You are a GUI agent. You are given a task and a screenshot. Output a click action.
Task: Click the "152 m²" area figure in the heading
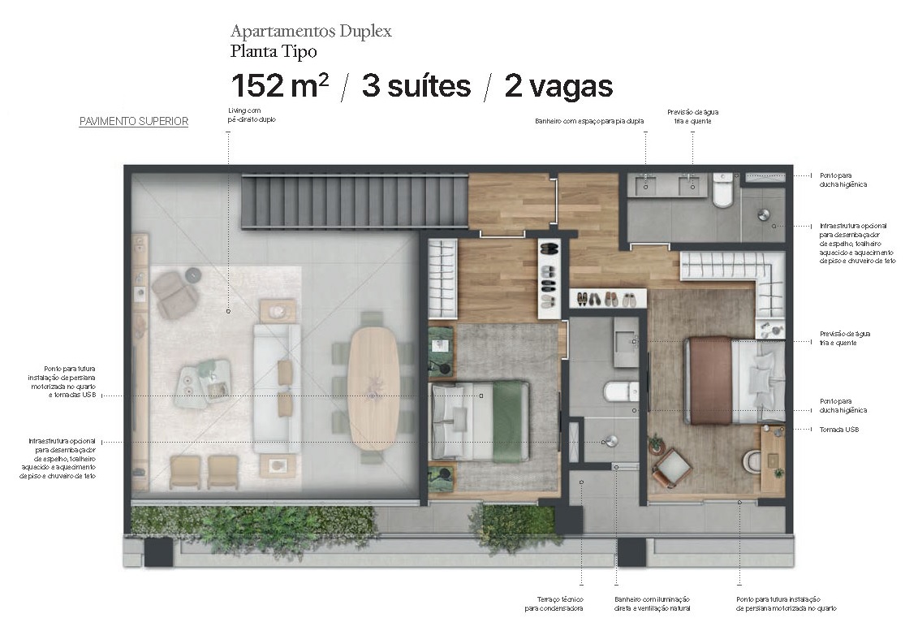point(279,86)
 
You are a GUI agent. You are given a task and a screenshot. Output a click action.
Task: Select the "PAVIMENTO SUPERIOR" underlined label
point(133,122)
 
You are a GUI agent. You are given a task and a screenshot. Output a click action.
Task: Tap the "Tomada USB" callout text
point(838,430)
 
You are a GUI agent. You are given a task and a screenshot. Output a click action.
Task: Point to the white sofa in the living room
point(276,387)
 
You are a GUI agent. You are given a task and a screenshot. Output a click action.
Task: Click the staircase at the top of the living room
point(355,202)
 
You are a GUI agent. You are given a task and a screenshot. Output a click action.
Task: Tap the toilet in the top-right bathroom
point(722,192)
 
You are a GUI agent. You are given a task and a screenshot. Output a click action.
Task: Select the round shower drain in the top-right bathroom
point(763,215)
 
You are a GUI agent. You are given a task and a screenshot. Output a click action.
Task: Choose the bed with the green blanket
point(479,421)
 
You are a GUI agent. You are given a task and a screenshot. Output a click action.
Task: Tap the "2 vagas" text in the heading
point(558,86)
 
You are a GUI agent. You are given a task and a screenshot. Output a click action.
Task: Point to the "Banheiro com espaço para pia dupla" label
point(589,121)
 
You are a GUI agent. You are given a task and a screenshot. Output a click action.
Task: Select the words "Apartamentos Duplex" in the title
point(311,32)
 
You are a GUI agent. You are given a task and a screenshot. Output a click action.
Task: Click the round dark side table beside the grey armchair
point(192,275)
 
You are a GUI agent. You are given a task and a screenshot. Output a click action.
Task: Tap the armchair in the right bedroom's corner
point(671,467)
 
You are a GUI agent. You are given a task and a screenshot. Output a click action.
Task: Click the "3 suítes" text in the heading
point(416,86)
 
